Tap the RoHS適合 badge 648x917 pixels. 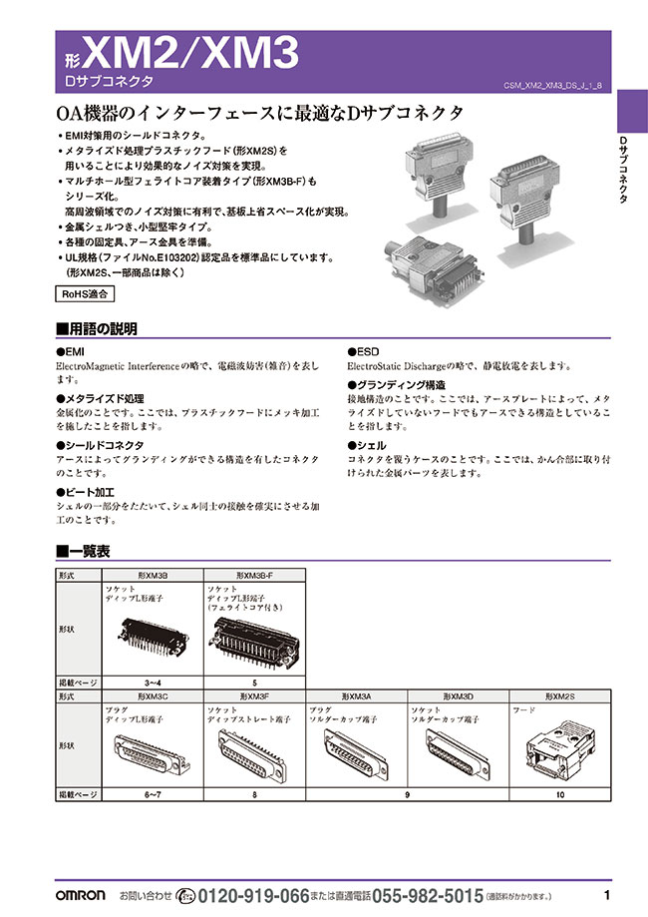84,294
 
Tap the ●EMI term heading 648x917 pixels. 71,352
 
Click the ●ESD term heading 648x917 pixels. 363,352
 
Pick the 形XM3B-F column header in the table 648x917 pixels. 254,576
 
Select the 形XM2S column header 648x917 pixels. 559,695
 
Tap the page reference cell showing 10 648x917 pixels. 559,795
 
